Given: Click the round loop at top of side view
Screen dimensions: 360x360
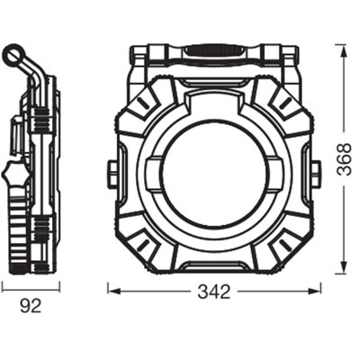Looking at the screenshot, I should [12, 57].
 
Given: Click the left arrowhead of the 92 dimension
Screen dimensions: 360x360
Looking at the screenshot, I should [4, 288].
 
